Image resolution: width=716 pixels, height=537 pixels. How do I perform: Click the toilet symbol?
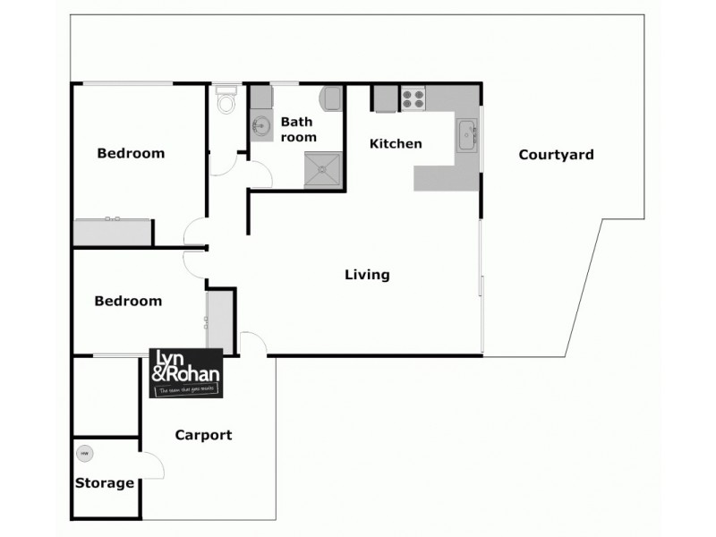227,101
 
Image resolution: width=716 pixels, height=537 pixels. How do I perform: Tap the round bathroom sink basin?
261,125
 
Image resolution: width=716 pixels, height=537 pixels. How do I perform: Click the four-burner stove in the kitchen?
413,98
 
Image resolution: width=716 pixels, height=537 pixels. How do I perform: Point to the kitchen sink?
467,136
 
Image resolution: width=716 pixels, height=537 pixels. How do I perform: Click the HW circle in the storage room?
85,455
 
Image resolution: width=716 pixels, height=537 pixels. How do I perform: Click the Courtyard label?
556,155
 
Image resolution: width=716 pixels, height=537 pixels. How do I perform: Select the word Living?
367,275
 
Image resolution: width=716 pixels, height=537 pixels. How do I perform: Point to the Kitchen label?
396,143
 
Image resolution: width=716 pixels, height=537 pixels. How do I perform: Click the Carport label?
203,435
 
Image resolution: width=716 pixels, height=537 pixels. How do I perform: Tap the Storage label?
105,483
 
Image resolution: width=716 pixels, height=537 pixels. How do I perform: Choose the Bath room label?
299,129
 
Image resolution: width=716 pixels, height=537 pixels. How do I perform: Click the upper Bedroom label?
131,153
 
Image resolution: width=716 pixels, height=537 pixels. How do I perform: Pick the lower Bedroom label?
128,301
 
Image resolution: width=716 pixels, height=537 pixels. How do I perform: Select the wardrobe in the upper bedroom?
112,232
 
